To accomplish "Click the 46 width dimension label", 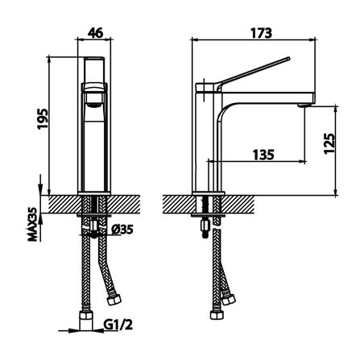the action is point(96,33).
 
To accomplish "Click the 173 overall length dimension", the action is point(261,33).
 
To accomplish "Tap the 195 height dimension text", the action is point(43,118).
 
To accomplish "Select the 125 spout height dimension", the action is point(329,143).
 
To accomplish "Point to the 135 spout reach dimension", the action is point(263,155).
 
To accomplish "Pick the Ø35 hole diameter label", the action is point(122,230).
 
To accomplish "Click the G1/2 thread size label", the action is point(118,325).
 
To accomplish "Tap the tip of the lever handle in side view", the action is point(288,59).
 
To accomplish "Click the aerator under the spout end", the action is point(304,106).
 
